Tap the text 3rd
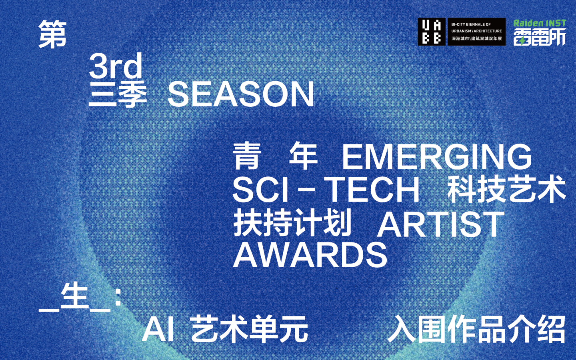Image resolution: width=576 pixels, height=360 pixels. (116, 65)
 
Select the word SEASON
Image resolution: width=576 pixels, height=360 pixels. (241, 94)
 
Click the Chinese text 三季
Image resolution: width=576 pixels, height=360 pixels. (118, 95)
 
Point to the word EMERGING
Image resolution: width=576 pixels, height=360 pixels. (437, 157)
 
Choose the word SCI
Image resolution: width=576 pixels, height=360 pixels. (261, 190)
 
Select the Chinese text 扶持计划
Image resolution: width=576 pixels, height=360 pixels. (292, 223)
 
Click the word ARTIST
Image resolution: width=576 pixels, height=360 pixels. (440, 224)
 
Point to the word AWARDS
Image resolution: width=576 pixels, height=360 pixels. (310, 255)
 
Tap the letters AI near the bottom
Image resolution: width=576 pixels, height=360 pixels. (158, 330)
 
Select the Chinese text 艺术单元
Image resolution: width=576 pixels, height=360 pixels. (250, 330)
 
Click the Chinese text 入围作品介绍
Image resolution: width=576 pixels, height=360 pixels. (476, 330)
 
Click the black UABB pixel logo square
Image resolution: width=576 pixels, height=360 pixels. (432, 32)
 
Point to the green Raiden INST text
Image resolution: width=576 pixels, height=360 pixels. (540, 23)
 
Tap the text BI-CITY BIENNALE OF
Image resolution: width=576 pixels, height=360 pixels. (471, 24)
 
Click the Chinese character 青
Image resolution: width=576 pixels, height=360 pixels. (246, 156)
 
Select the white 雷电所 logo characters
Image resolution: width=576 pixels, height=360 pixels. (540, 36)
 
